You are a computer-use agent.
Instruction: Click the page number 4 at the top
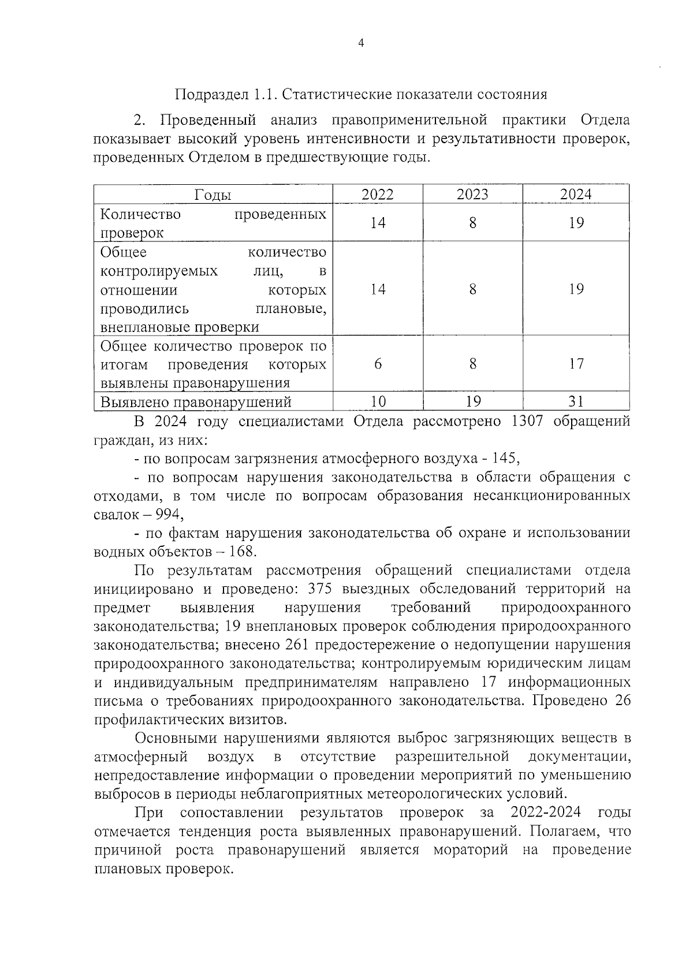[362, 43]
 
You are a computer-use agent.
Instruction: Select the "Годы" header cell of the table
[213, 195]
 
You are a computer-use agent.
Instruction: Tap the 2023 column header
[472, 195]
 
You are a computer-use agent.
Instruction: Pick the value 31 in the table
[576, 402]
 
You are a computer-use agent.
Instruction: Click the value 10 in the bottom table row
[378, 402]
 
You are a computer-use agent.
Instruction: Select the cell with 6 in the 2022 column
[378, 364]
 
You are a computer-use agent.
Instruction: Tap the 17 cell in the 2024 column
[576, 364]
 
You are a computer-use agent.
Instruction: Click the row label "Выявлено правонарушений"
[196, 402]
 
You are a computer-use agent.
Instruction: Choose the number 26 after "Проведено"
[623, 701]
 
